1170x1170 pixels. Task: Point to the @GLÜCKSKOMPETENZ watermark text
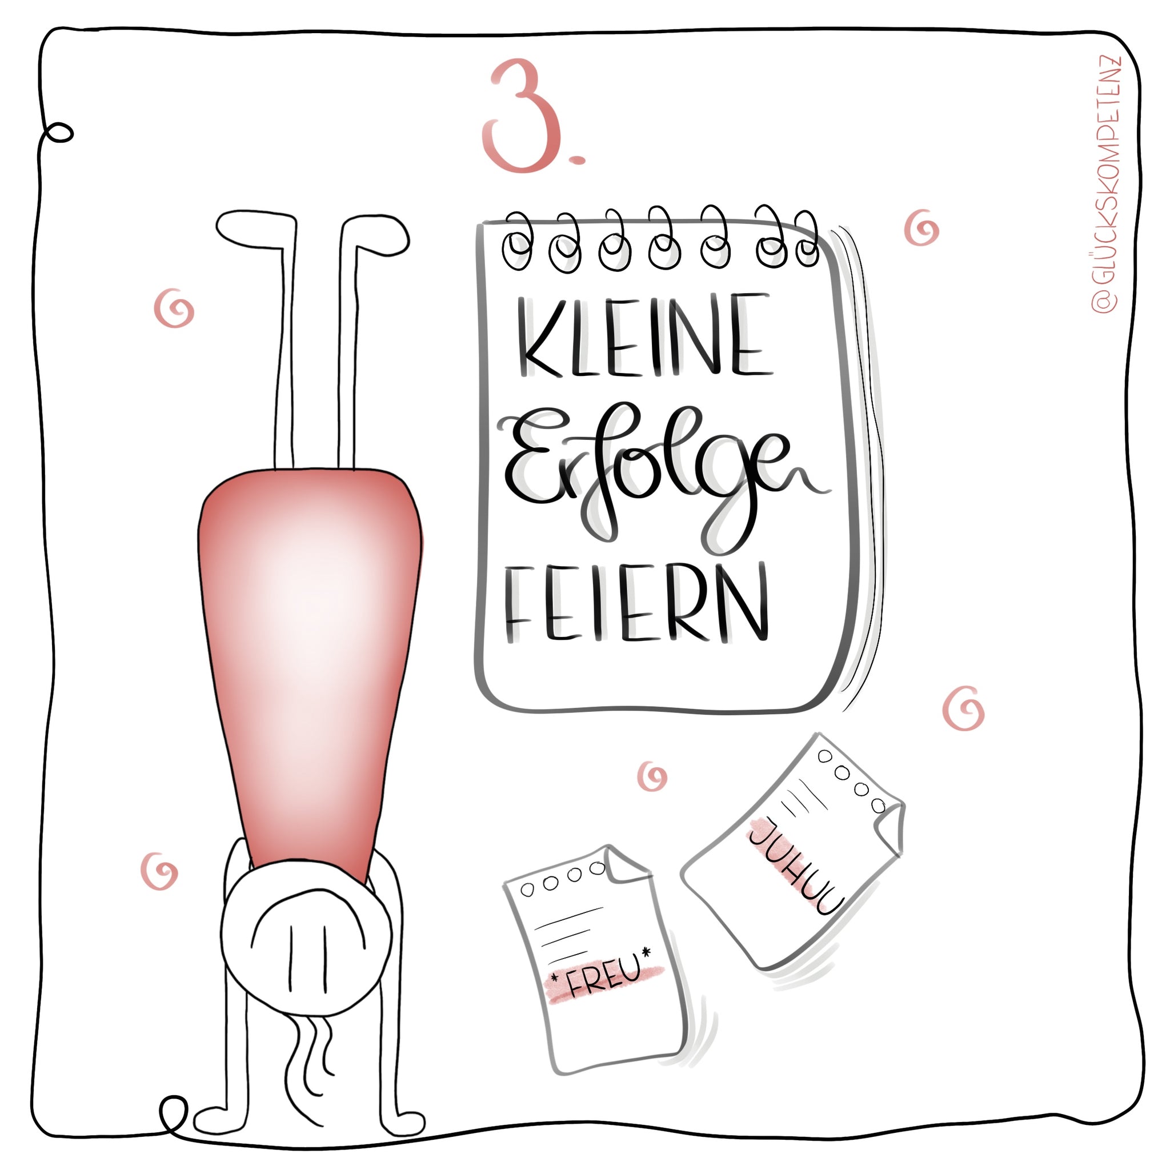point(1107,185)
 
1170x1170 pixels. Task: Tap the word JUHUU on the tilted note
point(795,867)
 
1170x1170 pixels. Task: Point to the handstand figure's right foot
point(375,233)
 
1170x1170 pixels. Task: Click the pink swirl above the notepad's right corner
point(921,229)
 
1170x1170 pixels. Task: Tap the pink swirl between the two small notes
point(652,776)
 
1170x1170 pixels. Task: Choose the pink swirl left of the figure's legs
point(174,308)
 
